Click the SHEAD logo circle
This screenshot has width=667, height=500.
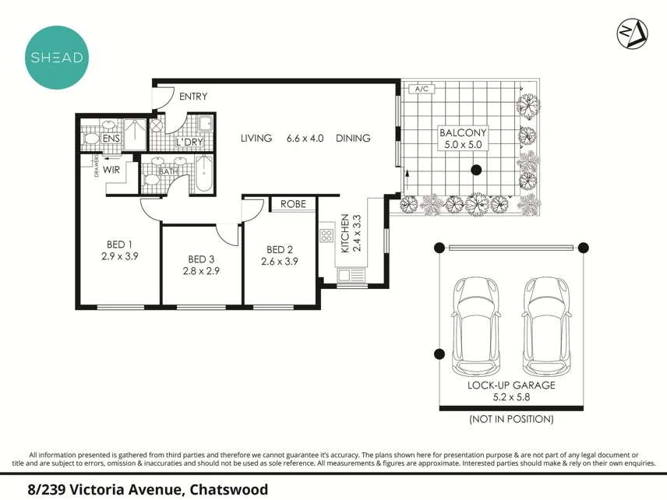click(x=56, y=57)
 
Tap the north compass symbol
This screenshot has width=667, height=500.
click(x=632, y=32)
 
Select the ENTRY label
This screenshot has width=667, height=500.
click(x=193, y=97)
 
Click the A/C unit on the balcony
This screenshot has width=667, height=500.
click(x=422, y=90)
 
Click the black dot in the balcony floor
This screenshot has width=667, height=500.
click(x=475, y=170)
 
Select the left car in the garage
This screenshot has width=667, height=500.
click(x=475, y=324)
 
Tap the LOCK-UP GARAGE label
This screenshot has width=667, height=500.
click(x=511, y=385)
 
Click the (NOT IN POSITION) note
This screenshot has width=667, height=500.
click(x=511, y=419)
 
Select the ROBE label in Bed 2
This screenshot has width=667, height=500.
click(x=293, y=204)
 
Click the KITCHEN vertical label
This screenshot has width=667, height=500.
click(x=344, y=234)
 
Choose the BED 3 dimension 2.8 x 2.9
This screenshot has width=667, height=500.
click(x=201, y=271)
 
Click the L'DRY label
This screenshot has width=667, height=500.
click(x=189, y=143)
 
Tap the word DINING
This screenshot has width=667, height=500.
click(x=353, y=138)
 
